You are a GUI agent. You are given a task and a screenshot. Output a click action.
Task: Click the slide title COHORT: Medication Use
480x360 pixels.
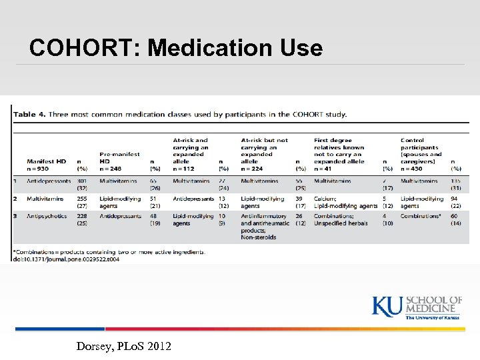click(176, 48)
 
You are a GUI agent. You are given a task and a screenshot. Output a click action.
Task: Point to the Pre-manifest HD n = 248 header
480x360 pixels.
click(120, 161)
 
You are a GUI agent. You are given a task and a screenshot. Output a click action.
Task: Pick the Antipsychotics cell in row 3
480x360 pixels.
click(47, 216)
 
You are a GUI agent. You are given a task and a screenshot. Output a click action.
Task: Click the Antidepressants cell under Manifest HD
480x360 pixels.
click(49, 181)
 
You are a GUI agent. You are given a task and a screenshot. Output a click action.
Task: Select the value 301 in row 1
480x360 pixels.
click(81, 181)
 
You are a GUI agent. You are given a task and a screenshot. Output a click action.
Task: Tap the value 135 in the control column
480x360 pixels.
click(456, 181)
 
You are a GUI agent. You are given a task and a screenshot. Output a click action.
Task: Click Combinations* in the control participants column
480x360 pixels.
click(420, 216)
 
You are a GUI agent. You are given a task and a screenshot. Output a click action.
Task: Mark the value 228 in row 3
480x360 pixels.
click(81, 216)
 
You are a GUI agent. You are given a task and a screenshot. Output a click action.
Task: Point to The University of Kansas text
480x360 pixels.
click(433, 318)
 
